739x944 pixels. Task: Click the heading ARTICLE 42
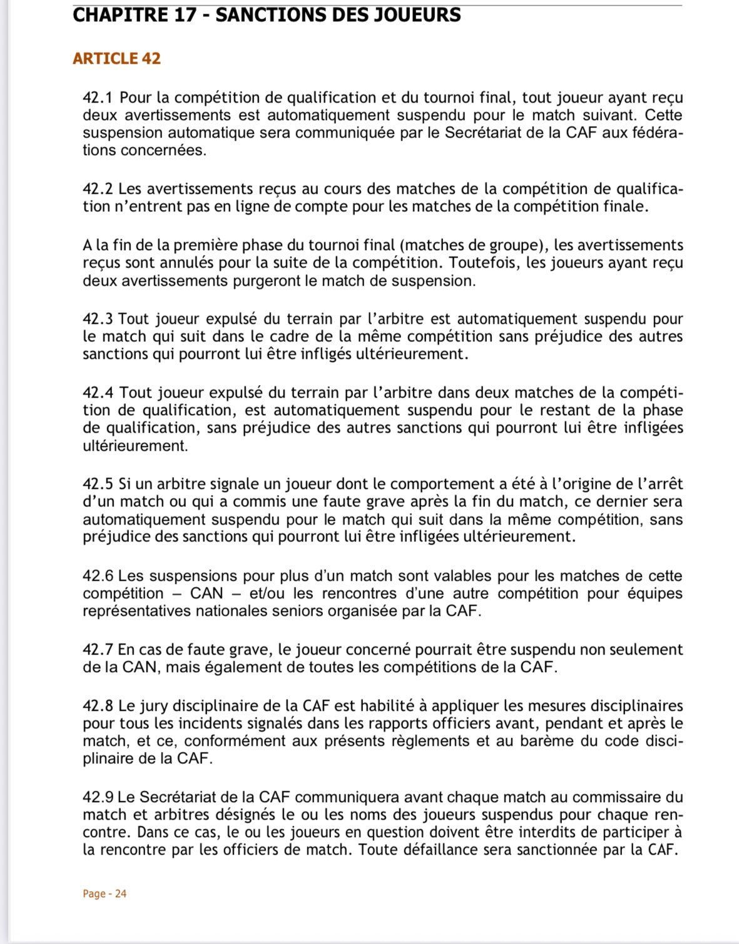pos(116,59)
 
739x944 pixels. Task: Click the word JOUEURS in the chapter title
pos(417,15)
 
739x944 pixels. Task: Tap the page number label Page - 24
pos(104,893)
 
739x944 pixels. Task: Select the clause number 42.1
pos(98,98)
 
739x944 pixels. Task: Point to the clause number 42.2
pos(98,189)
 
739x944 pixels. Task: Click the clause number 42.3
pos(98,319)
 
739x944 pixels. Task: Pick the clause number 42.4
pos(98,393)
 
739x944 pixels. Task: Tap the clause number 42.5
pos(98,485)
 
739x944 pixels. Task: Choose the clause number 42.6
pos(98,576)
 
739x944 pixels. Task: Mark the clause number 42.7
pos(98,650)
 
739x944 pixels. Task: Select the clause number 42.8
pos(98,706)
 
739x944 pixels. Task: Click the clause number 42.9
pos(98,798)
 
